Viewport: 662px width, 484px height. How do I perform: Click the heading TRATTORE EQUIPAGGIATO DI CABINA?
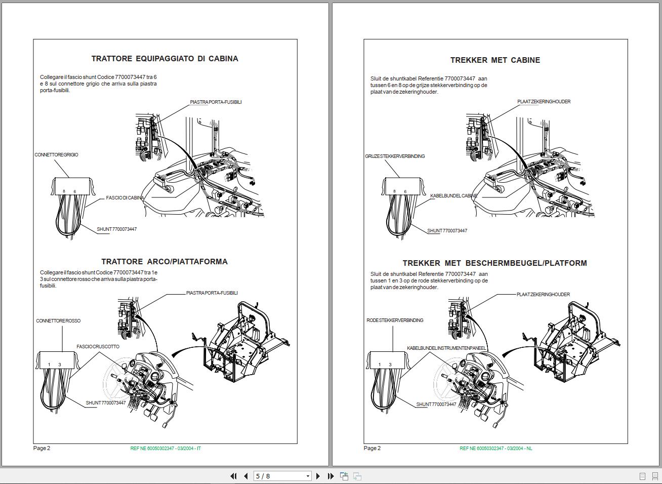164,59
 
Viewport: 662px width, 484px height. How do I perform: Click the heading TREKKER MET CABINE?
495,60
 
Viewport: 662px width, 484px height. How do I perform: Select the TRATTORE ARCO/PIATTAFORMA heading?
164,262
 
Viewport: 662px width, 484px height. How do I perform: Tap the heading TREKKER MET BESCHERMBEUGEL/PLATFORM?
494,263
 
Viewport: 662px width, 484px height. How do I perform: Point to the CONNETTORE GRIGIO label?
57,154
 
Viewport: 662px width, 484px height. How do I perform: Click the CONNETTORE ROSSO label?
58,321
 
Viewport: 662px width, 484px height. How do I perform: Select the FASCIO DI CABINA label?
125,198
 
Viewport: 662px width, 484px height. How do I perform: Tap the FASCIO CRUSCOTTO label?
98,346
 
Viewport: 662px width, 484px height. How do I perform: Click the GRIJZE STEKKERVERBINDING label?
395,156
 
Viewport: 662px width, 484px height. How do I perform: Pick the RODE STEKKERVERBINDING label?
395,320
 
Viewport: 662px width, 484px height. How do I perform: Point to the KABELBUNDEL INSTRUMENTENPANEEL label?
446,348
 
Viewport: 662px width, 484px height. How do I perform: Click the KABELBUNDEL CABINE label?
453,196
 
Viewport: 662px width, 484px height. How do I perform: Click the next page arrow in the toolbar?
318,476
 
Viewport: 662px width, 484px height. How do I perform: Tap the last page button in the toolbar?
330,476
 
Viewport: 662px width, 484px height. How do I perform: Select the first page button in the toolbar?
233,476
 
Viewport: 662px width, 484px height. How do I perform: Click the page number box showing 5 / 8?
282,476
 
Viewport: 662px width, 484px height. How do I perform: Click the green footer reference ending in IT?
165,448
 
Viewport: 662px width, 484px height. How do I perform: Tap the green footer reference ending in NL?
496,448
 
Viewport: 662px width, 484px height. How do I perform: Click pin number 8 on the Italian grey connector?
64,191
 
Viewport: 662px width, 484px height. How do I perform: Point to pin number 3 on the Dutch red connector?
390,365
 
